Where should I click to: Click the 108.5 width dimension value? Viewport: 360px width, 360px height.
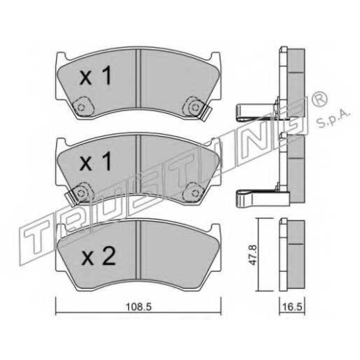coord(138,307)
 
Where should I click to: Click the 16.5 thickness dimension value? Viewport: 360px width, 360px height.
coord(292,307)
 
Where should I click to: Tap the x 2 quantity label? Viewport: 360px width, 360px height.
coord(98,256)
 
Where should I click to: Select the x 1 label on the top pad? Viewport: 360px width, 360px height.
coord(95,76)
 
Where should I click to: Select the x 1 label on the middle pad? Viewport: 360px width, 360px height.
coord(95,161)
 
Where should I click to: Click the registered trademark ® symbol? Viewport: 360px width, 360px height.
coord(320,99)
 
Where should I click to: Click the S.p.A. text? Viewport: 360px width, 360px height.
coord(333,120)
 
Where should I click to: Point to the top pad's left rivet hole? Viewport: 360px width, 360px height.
coord(81,107)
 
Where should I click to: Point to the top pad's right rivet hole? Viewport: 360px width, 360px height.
coord(195,107)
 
